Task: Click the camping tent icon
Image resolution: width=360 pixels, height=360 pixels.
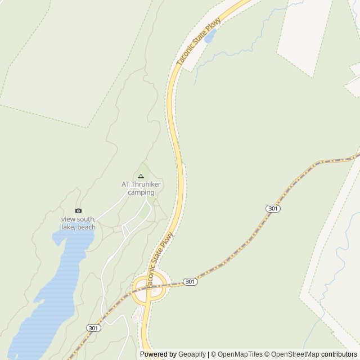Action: (141, 176)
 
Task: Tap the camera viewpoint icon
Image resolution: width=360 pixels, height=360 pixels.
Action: (78, 211)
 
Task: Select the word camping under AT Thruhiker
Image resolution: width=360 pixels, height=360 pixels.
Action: (141, 192)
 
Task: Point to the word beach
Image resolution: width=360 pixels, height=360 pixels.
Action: (87, 227)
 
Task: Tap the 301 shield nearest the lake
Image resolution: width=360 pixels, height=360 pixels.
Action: (93, 327)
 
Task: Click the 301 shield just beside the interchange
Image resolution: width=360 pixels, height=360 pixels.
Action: (190, 281)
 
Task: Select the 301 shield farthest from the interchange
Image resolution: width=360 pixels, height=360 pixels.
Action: (273, 209)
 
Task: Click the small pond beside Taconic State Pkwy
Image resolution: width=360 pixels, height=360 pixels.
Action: (210, 37)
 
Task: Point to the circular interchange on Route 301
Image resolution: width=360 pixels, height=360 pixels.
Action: (149, 288)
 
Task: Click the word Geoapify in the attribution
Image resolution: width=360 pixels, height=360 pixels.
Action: (192, 354)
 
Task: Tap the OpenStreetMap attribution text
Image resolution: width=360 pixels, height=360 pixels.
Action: (296, 354)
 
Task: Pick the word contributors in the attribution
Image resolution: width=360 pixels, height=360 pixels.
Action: (339, 354)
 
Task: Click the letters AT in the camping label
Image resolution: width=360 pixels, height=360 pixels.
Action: (125, 184)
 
